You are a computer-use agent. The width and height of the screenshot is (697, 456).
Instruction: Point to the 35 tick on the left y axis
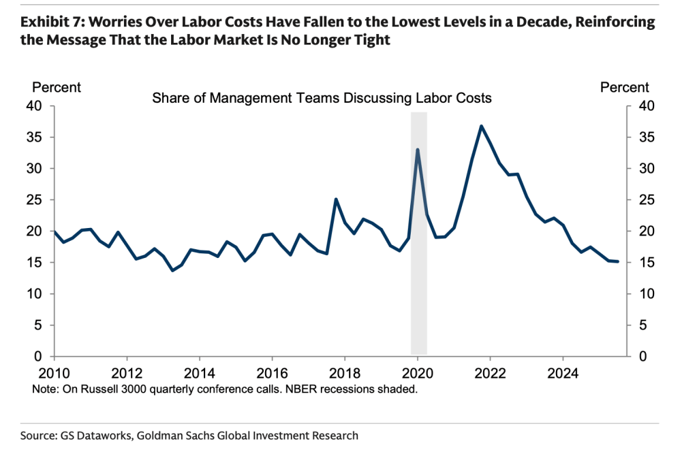point(34,137)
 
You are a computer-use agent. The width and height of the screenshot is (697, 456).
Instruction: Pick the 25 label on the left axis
point(34,200)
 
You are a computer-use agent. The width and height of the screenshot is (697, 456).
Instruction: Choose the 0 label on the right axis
point(638,357)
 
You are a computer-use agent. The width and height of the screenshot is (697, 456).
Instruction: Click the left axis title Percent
point(57,88)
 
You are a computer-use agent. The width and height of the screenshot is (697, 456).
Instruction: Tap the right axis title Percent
point(624,88)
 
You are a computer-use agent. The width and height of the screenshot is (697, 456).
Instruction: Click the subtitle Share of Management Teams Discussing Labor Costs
point(322,99)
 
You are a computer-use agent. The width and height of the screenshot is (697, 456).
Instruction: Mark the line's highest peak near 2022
point(481,126)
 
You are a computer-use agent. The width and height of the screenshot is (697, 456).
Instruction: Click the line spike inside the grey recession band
point(418,150)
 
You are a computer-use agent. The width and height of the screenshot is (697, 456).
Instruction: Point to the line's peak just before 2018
point(336,199)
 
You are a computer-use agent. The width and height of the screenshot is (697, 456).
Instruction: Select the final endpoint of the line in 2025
point(617,261)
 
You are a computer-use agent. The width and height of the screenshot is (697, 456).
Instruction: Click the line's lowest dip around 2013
point(172,270)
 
